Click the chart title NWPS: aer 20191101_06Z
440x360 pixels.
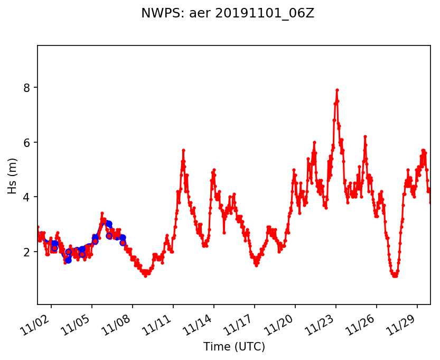pyautogui.click(x=228, y=14)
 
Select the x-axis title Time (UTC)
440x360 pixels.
pyautogui.click(x=234, y=347)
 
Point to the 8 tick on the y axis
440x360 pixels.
pyautogui.click(x=26, y=87)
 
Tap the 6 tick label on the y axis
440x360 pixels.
pyautogui.click(x=26, y=142)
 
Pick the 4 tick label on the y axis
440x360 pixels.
pyautogui.click(x=26, y=197)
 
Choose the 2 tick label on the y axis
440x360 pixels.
pyautogui.click(x=26, y=252)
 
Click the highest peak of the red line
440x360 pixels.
pyautogui.click(x=337, y=90)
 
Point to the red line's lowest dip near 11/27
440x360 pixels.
pyautogui.click(x=395, y=275)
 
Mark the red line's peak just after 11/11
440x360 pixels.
pyautogui.click(x=183, y=150)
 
